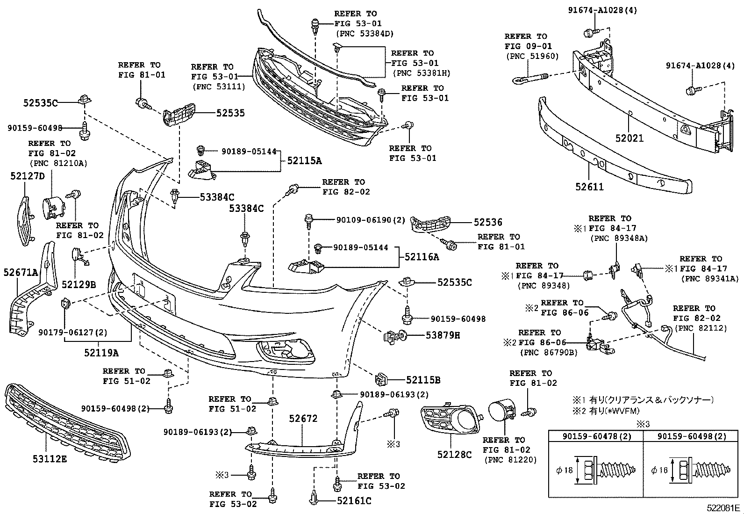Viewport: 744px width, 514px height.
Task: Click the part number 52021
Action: (629, 138)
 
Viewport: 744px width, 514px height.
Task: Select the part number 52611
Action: (589, 187)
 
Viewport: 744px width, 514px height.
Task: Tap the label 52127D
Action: (28, 176)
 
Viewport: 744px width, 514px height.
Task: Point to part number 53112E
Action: (50, 459)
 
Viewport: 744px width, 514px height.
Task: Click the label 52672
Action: (303, 419)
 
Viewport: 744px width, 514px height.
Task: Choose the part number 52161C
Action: (354, 501)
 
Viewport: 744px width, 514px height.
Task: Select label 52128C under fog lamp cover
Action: (455, 454)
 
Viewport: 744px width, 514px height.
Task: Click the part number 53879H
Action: (443, 335)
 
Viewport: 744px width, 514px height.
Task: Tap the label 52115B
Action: (423, 380)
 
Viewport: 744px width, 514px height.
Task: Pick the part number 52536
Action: (488, 223)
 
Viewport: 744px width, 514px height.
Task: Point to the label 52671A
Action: (21, 272)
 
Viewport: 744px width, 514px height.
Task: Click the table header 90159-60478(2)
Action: (595, 436)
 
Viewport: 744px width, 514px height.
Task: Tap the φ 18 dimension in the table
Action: (565, 471)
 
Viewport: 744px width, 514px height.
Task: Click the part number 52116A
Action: (422, 257)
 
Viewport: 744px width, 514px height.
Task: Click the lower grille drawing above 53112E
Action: (65, 421)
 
